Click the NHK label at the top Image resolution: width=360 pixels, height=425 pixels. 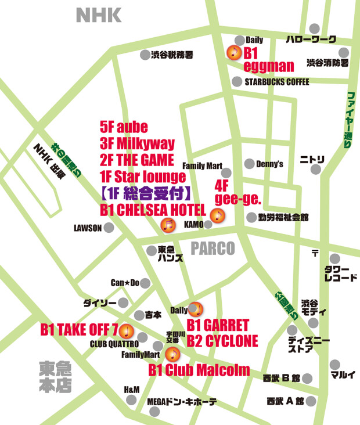(99, 15)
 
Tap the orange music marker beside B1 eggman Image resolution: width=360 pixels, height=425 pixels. (233, 53)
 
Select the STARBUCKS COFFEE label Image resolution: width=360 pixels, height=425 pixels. (276, 82)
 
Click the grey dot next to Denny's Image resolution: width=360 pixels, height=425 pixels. (249, 164)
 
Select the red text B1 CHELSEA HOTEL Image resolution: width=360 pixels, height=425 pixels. (153, 210)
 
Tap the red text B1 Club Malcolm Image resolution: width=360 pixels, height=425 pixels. (199, 370)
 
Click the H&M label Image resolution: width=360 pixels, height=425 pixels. (132, 389)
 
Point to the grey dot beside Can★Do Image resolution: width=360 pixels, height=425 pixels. (145, 283)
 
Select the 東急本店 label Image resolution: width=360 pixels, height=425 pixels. (56, 377)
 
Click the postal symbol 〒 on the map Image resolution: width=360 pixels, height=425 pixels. (315, 253)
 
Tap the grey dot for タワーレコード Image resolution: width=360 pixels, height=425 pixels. (334, 258)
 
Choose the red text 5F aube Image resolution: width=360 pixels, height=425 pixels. (124, 127)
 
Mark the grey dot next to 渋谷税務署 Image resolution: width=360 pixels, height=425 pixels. (145, 55)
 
